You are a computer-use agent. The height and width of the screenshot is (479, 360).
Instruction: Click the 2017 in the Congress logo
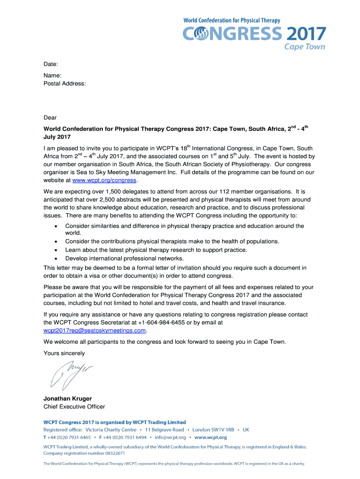click(x=305, y=34)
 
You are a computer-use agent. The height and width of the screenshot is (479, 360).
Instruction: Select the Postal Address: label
click(x=65, y=84)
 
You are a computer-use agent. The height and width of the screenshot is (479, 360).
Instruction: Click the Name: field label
click(x=53, y=75)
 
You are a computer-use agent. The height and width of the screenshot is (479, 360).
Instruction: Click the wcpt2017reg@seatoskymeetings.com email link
click(x=94, y=331)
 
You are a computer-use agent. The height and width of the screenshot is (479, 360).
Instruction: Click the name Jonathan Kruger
click(x=67, y=399)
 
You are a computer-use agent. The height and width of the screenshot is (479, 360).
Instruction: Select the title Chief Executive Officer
click(x=74, y=406)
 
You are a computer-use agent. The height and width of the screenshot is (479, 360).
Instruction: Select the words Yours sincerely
click(x=64, y=353)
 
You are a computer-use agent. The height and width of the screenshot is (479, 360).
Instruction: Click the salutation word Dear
click(x=50, y=118)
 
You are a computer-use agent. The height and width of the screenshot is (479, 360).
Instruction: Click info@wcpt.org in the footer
click(x=170, y=437)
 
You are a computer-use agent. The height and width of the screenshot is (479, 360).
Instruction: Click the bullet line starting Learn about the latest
click(x=156, y=250)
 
